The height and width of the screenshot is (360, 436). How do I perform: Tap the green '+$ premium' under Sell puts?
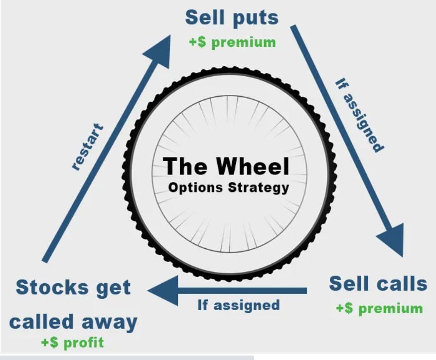(x=232, y=42)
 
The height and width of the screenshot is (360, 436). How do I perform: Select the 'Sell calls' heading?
(x=378, y=284)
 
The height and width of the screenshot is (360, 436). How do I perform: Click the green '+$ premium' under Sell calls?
(x=379, y=308)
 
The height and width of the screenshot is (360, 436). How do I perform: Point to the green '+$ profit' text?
(x=74, y=343)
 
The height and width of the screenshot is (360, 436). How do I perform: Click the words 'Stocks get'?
(x=73, y=288)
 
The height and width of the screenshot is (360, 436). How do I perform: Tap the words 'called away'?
(x=73, y=322)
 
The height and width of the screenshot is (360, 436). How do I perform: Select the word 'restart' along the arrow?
(x=88, y=147)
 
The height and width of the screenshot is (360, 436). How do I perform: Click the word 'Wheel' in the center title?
(x=254, y=167)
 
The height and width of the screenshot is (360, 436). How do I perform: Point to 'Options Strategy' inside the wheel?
(x=228, y=188)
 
